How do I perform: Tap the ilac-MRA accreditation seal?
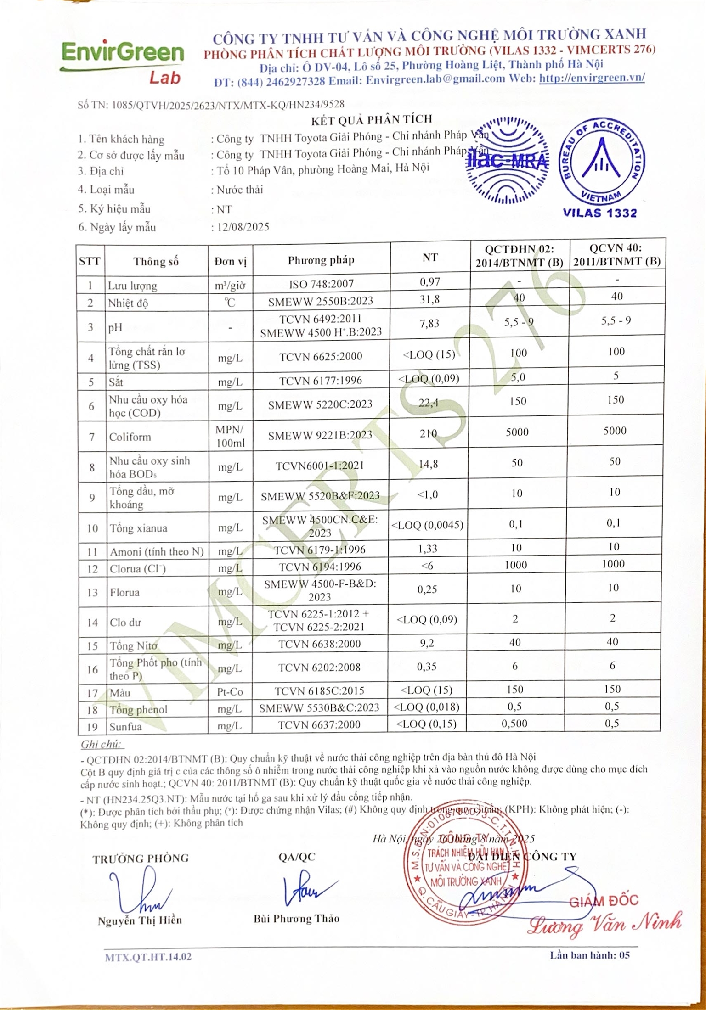pos(507,161)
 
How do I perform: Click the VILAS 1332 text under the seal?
pos(600,213)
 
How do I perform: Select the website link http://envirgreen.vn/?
pos(592,78)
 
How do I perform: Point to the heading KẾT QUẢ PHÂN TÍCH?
pos(371,120)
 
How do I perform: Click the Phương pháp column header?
pos(321,260)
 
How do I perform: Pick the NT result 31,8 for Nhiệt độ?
pos(429,299)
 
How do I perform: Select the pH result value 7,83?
pos(429,324)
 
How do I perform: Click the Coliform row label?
pos(130,437)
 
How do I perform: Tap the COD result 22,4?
pos(428,403)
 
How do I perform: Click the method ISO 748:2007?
pos(321,284)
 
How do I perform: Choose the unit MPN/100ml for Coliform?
pos(230,436)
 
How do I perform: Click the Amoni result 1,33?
pos(428,549)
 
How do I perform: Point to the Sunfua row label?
pos(125,727)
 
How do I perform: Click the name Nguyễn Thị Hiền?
pos(140,920)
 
